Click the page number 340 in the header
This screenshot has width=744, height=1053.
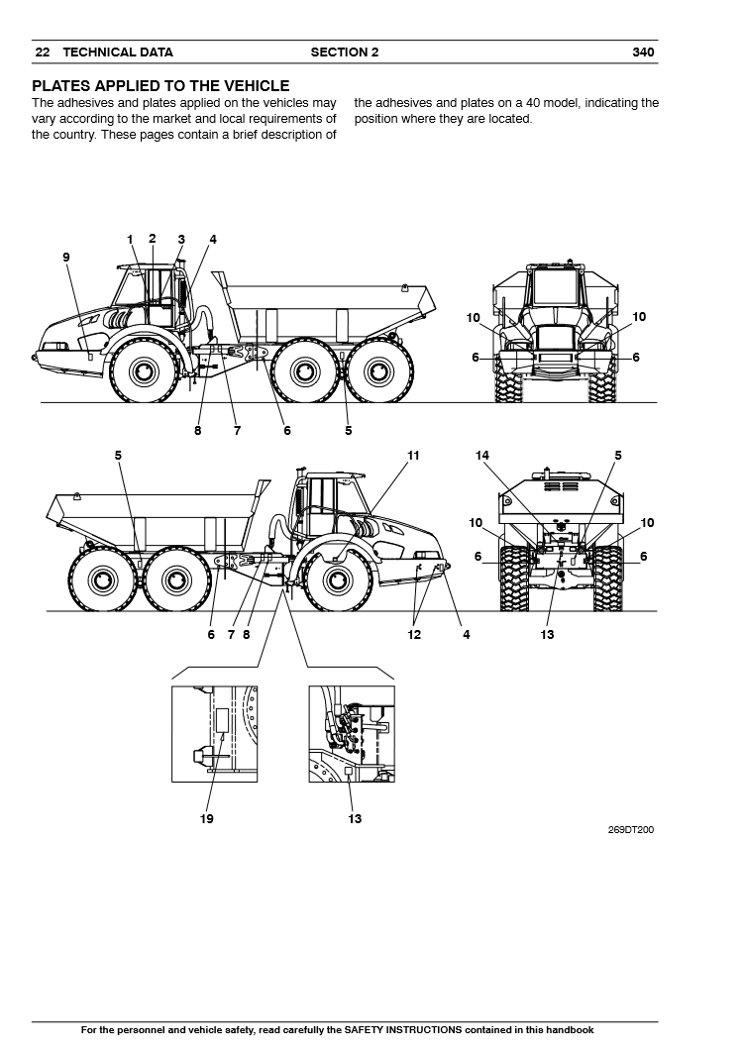point(643,53)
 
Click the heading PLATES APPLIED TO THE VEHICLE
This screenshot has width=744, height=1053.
point(160,87)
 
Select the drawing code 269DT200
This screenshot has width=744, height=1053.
point(631,830)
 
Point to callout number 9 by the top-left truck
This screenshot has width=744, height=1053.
point(66,258)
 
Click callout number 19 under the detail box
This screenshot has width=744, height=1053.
point(207,818)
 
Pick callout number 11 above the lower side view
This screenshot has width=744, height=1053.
point(413,456)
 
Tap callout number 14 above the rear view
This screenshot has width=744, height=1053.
point(482,456)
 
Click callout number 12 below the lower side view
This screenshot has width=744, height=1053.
point(415,635)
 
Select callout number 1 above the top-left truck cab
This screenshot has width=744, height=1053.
point(130,239)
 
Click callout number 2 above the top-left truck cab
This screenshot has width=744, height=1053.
point(153,238)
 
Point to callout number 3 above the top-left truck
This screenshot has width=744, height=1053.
point(181,239)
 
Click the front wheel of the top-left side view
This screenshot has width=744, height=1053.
point(142,372)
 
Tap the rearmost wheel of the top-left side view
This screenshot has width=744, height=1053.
point(373,372)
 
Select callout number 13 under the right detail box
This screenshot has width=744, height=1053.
point(355,818)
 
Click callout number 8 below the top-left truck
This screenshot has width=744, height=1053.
point(197,431)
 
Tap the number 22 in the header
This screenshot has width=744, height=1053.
point(42,53)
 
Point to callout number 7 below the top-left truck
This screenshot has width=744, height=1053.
point(237,431)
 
